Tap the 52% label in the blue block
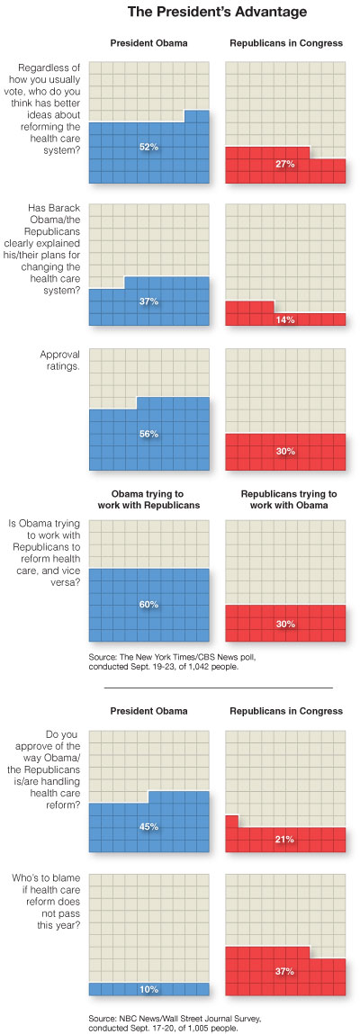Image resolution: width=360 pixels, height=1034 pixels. (149, 146)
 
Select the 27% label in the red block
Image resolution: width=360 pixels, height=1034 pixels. (285, 165)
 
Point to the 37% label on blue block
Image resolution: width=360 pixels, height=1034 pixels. (149, 301)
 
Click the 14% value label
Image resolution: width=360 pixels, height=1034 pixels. (285, 319)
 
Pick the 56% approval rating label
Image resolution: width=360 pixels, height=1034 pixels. (149, 434)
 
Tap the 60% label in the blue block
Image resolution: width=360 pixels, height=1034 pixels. (149, 605)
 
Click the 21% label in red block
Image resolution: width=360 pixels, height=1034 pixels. (285, 839)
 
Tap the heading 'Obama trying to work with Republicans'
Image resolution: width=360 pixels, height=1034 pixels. (149, 500)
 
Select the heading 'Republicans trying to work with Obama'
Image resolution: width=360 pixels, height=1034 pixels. (285, 500)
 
